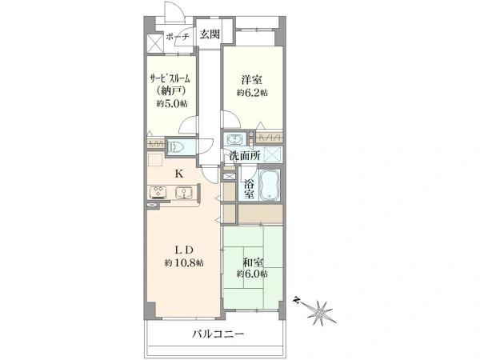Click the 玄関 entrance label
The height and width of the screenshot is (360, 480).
[x=210, y=34]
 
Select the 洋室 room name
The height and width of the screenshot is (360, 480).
[x=251, y=80]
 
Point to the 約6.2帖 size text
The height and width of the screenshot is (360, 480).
[x=251, y=93]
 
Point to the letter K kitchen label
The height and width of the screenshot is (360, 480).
[x=179, y=173]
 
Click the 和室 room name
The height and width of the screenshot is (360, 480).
[x=251, y=261]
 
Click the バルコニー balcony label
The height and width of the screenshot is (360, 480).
[x=217, y=334]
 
